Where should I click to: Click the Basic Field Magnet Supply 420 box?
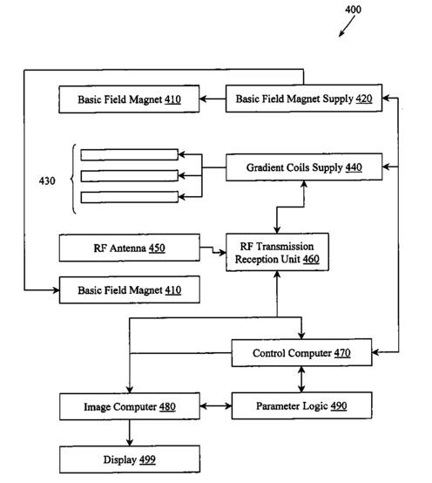pyautogui.click(x=304, y=99)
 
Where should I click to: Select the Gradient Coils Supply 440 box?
pyautogui.click(x=304, y=167)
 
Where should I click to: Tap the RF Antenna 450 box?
pyautogui.click(x=129, y=248)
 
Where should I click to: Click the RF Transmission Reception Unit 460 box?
pyautogui.click(x=277, y=252)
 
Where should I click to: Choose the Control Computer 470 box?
pyautogui.click(x=301, y=353)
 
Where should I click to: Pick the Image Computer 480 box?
pyautogui.click(x=130, y=406)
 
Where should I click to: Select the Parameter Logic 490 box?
pyautogui.click(x=301, y=405)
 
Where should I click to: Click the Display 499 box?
pyautogui.click(x=130, y=459)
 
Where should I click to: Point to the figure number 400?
pyautogui.click(x=353, y=10)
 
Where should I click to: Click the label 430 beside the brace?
pyautogui.click(x=47, y=180)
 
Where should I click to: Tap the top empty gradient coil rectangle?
pyautogui.click(x=129, y=154)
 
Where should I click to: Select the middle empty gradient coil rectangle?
pyautogui.click(x=129, y=176)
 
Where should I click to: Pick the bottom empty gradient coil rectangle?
pyautogui.click(x=129, y=197)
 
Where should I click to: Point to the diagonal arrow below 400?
pyautogui.click(x=347, y=26)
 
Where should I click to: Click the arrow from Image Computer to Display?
pyautogui.click(x=130, y=432)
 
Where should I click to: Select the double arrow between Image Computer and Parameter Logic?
pyautogui.click(x=216, y=406)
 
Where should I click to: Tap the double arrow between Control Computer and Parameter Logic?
pyautogui.click(x=301, y=379)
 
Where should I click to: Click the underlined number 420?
pyautogui.click(x=364, y=99)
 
